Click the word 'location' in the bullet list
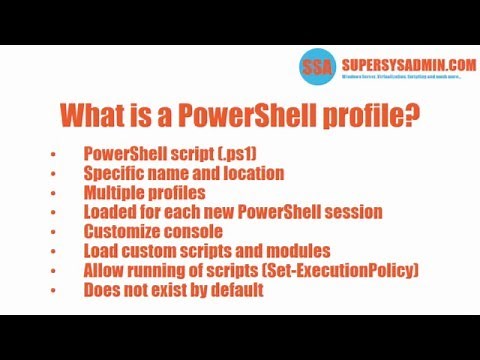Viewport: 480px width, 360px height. pyautogui.click(x=249, y=173)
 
